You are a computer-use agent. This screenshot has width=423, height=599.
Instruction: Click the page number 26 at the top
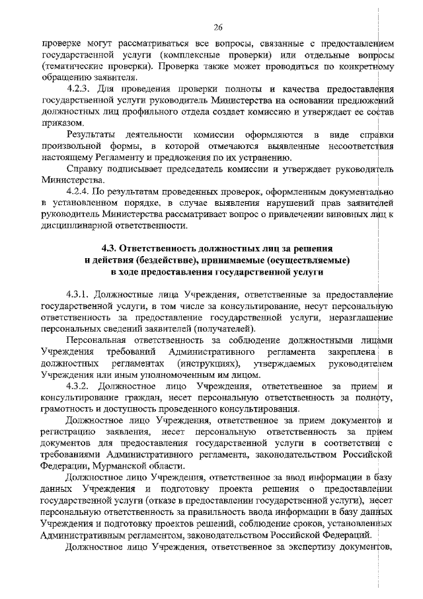217,26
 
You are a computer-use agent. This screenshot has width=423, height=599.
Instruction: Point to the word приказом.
59,123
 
